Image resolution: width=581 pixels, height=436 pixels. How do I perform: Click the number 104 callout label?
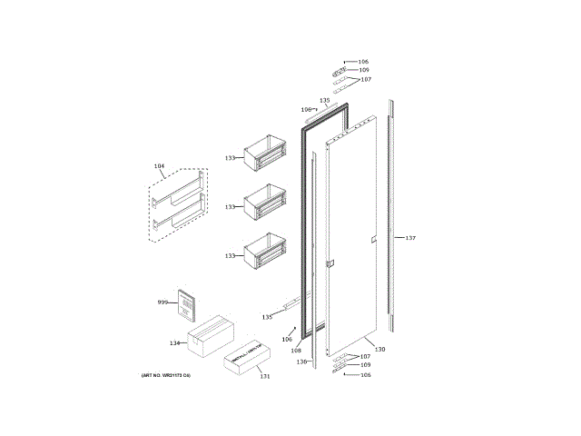tap(160, 165)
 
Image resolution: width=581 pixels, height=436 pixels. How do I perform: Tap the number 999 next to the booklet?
tap(162, 302)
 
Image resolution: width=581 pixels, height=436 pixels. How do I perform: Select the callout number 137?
tap(410, 238)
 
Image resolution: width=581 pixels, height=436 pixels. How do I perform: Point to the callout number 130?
tap(380, 350)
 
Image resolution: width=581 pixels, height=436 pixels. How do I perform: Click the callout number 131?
tap(264, 376)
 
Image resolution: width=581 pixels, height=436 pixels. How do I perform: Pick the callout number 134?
tap(175, 342)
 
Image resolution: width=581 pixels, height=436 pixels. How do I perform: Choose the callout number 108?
tap(296, 350)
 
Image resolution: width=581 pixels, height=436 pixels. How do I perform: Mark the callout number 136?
tap(302, 361)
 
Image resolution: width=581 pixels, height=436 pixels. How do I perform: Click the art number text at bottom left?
tap(166, 375)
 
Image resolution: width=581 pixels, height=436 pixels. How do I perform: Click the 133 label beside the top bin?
tap(231, 158)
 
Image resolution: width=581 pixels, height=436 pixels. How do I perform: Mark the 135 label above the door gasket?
tap(324, 100)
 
